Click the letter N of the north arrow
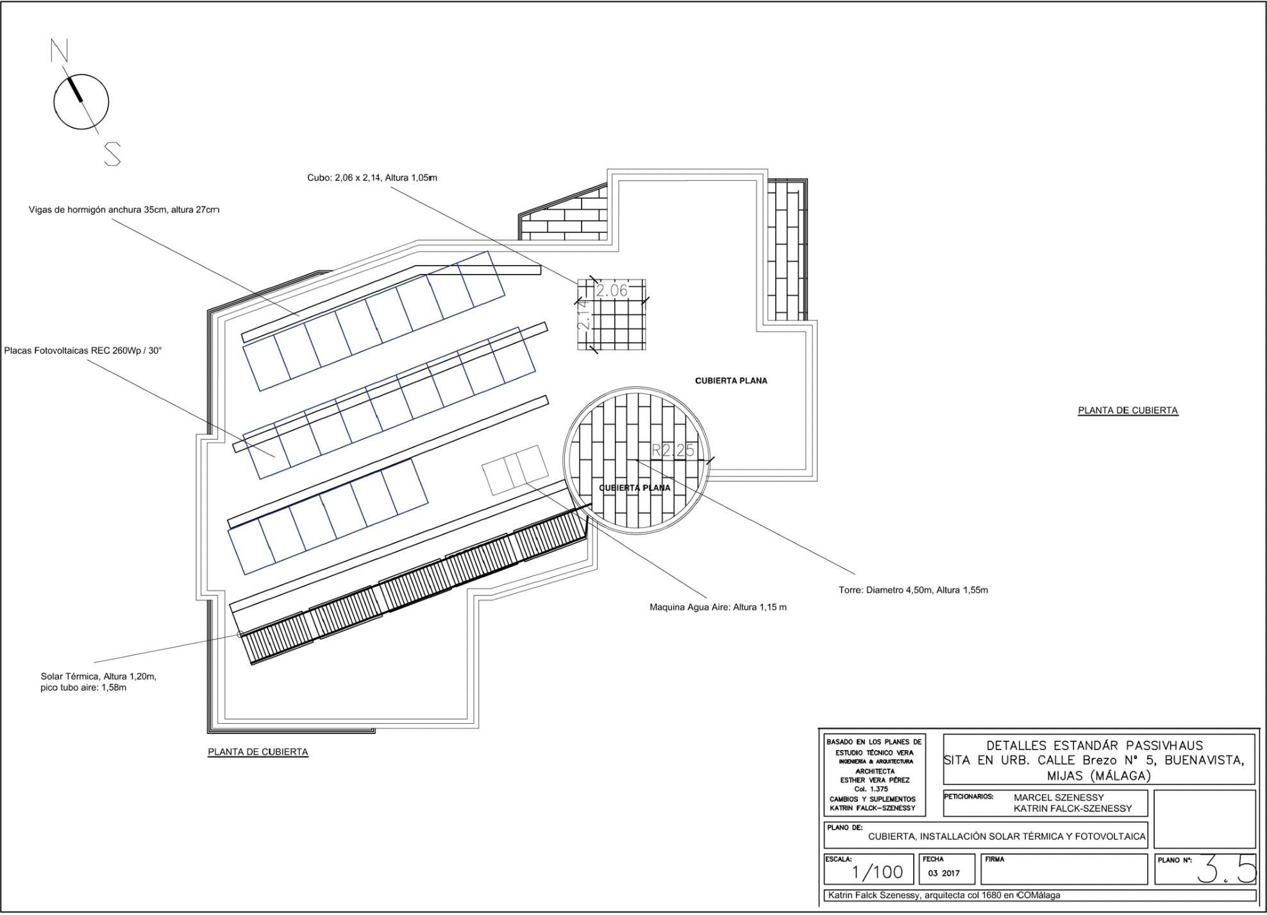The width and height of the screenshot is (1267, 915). pyautogui.click(x=60, y=50)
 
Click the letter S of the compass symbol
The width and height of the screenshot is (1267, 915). pyautogui.click(x=113, y=154)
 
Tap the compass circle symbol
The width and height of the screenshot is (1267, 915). pyautogui.click(x=81, y=101)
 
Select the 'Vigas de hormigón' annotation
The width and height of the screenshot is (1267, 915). pyautogui.click(x=124, y=210)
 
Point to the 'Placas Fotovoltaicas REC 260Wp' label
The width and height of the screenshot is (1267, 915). pyautogui.click(x=83, y=351)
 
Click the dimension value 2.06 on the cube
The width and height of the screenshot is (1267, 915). pyautogui.click(x=612, y=291)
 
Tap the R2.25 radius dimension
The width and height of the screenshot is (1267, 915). pyautogui.click(x=673, y=450)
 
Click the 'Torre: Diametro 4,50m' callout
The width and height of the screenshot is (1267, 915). pyautogui.click(x=913, y=590)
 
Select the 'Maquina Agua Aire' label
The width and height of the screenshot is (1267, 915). pyautogui.click(x=718, y=607)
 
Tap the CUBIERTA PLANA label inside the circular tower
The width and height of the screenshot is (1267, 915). pyautogui.click(x=635, y=488)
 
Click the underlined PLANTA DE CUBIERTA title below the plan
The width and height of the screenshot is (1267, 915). pyautogui.click(x=258, y=752)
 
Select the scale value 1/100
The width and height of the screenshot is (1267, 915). pyautogui.click(x=877, y=872)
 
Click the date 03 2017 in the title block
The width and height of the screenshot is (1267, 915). pyautogui.click(x=944, y=873)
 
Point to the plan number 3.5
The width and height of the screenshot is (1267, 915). pyautogui.click(x=1225, y=869)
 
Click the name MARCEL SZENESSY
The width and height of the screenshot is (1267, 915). pyautogui.click(x=1059, y=798)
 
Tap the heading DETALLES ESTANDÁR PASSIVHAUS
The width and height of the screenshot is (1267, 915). pyautogui.click(x=1095, y=746)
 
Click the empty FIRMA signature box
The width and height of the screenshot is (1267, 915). pyautogui.click(x=1064, y=869)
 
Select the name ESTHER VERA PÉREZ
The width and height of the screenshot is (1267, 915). pyautogui.click(x=875, y=780)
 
